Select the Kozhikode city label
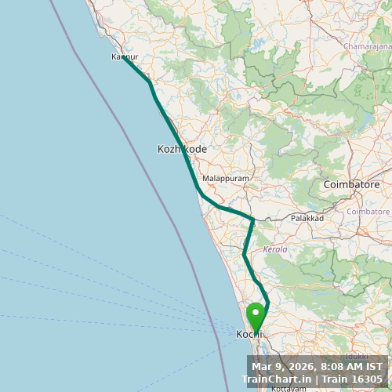click(x=182, y=148)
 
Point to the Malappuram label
click(x=225, y=179)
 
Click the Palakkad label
click(x=307, y=218)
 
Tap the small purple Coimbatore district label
click(x=368, y=212)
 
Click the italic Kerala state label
click(x=275, y=249)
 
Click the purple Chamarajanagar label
click(x=366, y=46)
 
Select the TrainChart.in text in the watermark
click(x=274, y=379)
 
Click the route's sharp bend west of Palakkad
click(x=252, y=219)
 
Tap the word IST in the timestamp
click(x=374, y=365)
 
